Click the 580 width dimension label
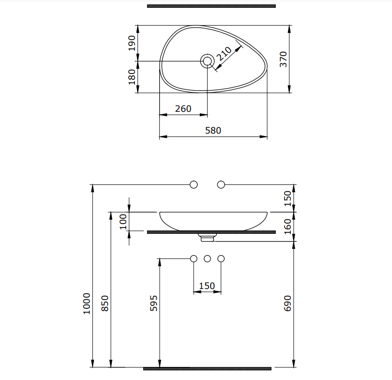(x=213, y=131)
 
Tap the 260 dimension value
(x=183, y=109)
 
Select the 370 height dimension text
(x=283, y=59)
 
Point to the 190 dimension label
(x=132, y=43)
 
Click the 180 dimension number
(x=132, y=77)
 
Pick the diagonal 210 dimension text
(x=224, y=54)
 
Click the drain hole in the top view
(x=207, y=61)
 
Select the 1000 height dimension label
(x=87, y=304)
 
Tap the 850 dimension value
(x=105, y=304)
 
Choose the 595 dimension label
(x=153, y=304)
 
